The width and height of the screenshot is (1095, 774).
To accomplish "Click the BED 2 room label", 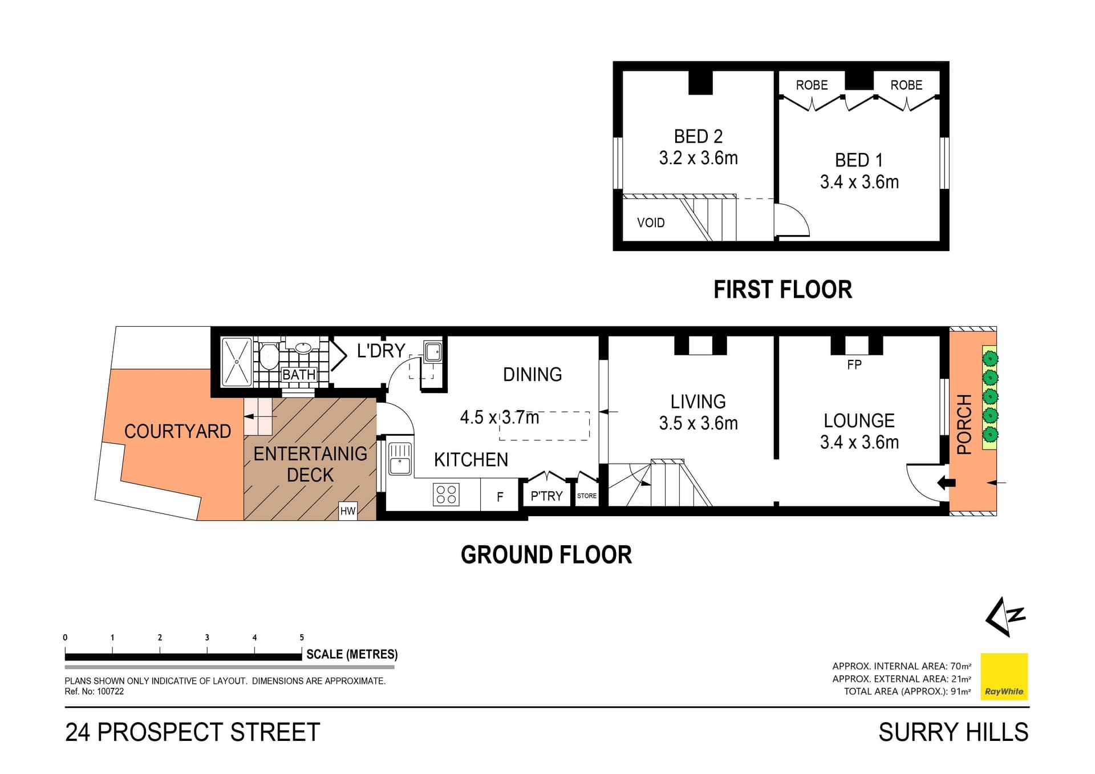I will (x=698, y=136).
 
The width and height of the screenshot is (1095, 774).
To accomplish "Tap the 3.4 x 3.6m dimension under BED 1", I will (x=859, y=182).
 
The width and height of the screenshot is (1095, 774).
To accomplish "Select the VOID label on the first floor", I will (x=651, y=222).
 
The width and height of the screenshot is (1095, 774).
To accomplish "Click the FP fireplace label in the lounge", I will (x=854, y=364).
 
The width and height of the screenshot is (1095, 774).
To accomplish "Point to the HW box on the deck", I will (x=347, y=510).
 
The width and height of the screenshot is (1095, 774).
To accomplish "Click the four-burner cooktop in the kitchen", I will (x=446, y=495).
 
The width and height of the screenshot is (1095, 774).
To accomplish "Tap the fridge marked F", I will (x=500, y=497).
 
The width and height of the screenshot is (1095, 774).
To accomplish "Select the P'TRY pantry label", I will (x=546, y=496).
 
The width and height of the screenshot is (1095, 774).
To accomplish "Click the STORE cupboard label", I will (x=586, y=496).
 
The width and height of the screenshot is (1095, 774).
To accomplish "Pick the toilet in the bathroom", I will (x=269, y=357).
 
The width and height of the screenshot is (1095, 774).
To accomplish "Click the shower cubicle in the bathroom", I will (x=236, y=362).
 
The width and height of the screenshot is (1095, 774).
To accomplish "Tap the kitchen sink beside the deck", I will (x=400, y=459).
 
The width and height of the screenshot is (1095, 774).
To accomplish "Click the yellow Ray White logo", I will (x=1004, y=676).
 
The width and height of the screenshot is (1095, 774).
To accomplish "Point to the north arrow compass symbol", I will (x=1005, y=616).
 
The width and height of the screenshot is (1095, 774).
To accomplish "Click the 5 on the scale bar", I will (x=302, y=637).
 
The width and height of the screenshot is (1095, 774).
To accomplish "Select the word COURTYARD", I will (x=177, y=431).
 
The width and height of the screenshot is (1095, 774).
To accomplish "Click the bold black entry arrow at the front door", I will (x=946, y=483).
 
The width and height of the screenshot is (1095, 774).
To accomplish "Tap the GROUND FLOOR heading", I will (x=546, y=554).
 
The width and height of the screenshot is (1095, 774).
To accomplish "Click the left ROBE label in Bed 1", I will (x=812, y=85).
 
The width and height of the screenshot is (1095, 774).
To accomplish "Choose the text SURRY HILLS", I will (x=953, y=732).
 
